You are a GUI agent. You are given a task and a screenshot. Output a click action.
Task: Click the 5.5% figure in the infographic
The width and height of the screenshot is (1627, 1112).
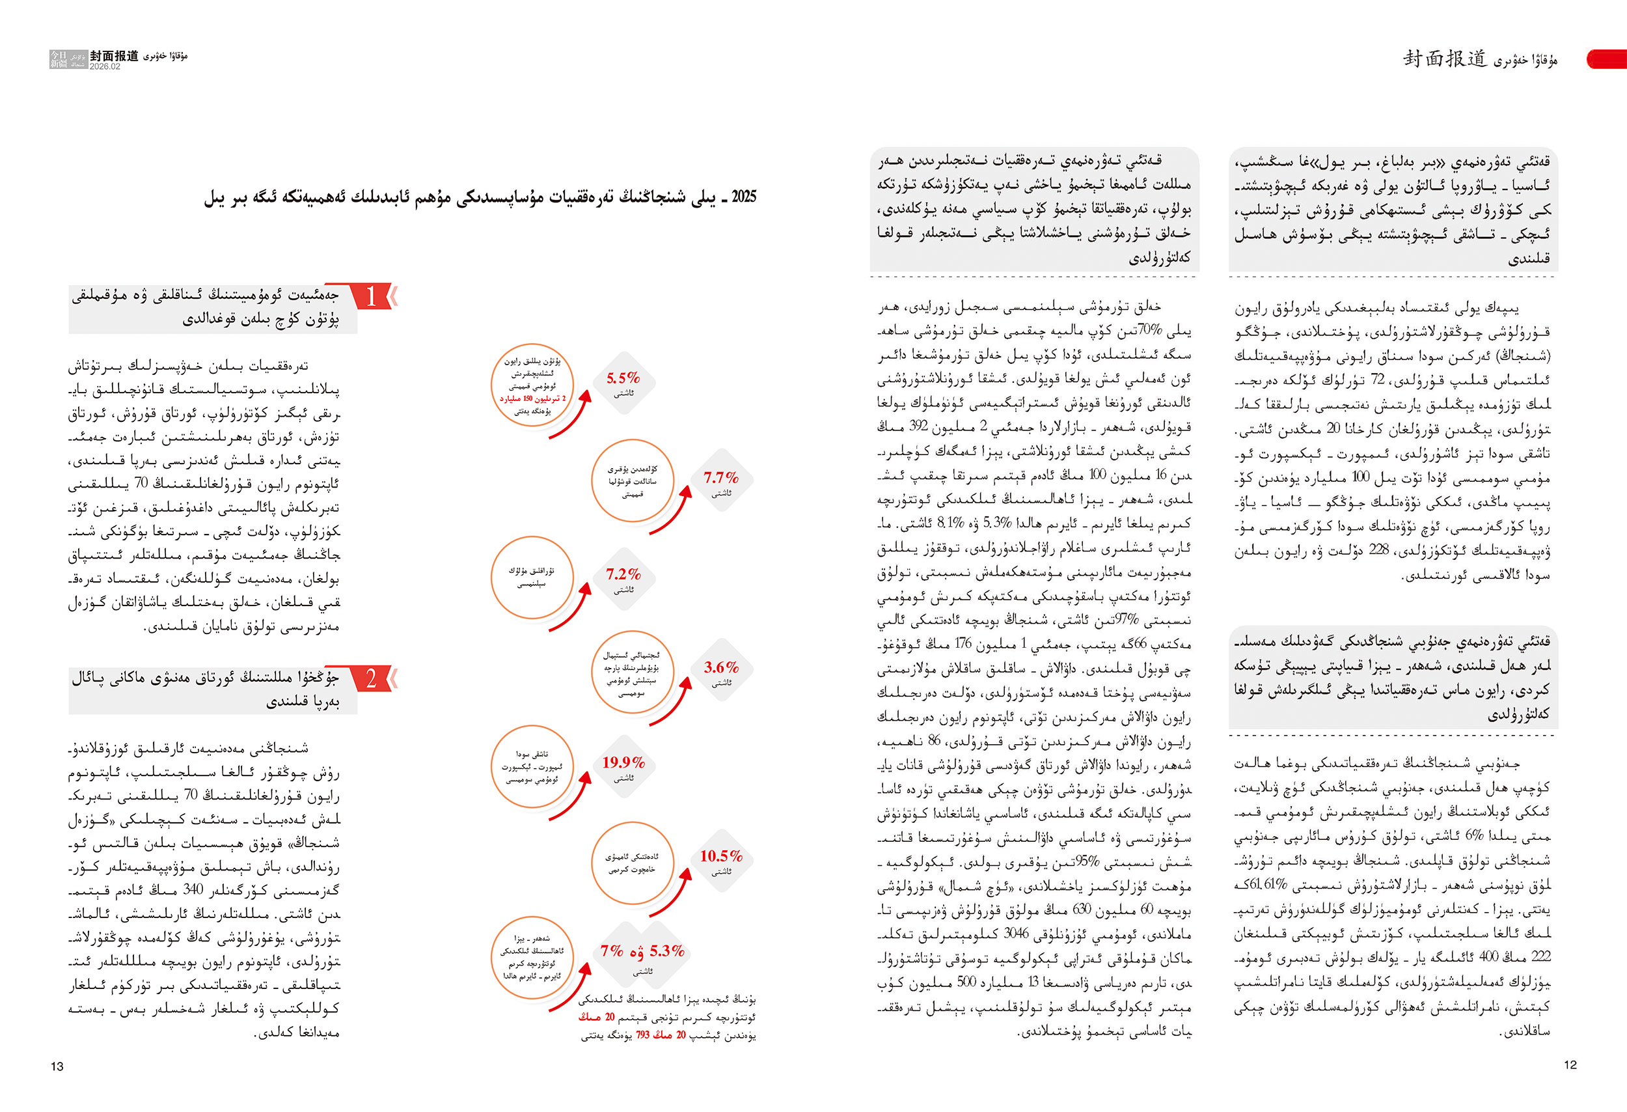[622, 378]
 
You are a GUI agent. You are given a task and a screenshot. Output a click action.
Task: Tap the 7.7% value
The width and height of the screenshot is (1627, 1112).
[720, 478]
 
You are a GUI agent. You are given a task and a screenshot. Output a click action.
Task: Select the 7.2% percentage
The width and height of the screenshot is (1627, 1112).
[622, 574]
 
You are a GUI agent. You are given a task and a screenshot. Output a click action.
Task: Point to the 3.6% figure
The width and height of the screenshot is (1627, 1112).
[720, 667]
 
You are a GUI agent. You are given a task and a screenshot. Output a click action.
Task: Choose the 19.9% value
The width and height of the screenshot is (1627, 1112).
[622, 762]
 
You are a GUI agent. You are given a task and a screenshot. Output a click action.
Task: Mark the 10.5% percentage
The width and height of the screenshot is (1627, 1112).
[720, 855]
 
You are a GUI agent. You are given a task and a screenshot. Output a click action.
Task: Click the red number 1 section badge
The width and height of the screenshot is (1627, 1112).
[371, 296]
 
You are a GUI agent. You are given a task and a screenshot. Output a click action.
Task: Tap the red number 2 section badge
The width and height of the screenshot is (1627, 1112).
[371, 678]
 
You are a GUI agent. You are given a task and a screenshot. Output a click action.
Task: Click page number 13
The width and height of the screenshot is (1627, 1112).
[57, 1066]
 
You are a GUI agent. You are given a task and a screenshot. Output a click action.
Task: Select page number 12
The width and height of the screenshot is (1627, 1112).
[1570, 1065]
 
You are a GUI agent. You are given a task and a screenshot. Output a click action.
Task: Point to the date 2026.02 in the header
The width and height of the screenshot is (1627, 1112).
[105, 66]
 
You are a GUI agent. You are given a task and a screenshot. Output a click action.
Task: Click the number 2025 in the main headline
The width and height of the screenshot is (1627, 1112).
[743, 197]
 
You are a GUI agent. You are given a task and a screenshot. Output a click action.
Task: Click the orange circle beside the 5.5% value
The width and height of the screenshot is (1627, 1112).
[532, 385]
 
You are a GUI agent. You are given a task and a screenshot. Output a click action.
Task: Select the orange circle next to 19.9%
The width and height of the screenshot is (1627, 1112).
[532, 767]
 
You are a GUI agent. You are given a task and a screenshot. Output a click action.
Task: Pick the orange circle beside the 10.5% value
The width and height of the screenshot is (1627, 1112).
[632, 863]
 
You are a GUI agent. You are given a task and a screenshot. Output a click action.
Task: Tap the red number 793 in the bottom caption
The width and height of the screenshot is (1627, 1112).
[643, 1035]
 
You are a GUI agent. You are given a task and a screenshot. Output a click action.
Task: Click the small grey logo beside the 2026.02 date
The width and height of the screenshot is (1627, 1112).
[68, 59]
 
